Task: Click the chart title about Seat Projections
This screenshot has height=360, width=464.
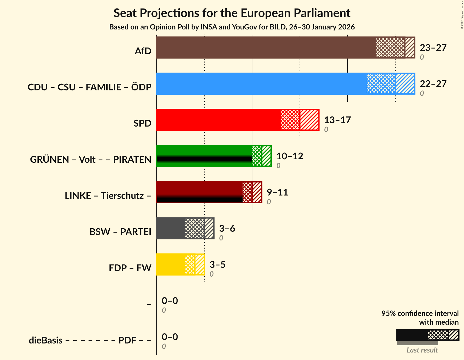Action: click(232, 13)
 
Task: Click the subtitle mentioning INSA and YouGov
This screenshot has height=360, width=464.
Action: click(232, 27)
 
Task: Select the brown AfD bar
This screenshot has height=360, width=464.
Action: click(266, 48)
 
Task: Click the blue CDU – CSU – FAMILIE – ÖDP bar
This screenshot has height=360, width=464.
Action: click(261, 84)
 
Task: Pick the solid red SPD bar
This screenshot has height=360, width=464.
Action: click(218, 120)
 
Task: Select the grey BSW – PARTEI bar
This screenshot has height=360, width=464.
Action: click(171, 228)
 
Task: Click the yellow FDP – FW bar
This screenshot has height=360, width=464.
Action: click(171, 264)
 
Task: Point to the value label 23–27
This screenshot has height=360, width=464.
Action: click(433, 48)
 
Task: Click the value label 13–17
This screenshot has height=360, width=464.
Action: click(337, 120)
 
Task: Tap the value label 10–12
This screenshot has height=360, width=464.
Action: click(290, 156)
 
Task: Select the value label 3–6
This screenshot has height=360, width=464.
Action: click(227, 229)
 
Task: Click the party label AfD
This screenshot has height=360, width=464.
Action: click(143, 51)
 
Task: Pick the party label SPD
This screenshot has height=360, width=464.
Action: click(142, 123)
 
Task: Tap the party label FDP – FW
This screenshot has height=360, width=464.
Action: click(130, 268)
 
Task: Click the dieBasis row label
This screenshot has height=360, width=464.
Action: click(90, 340)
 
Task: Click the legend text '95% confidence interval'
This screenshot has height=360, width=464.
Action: click(420, 314)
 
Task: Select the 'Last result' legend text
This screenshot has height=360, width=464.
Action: click(422, 350)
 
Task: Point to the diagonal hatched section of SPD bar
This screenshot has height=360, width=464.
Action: click(309, 120)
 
